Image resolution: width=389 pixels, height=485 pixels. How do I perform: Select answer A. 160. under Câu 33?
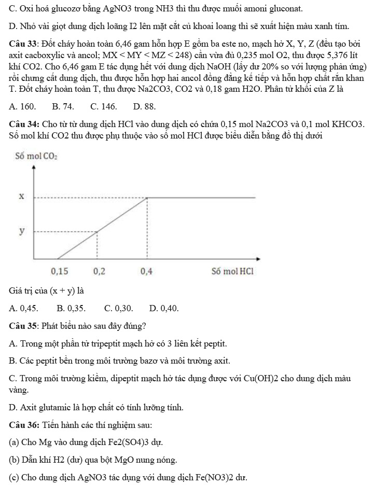coord(23,107)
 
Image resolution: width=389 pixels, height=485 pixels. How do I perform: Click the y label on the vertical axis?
coord(21,231)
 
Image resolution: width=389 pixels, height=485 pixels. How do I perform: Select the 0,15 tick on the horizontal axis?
coord(59,271)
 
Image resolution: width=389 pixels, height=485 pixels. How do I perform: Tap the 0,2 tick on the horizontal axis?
coord(99,271)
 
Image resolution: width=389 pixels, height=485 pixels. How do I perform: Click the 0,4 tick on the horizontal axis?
coord(147,271)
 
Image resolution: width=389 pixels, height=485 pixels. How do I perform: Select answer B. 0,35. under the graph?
coord(71,309)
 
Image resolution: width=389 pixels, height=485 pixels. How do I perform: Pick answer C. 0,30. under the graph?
coord(118,309)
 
